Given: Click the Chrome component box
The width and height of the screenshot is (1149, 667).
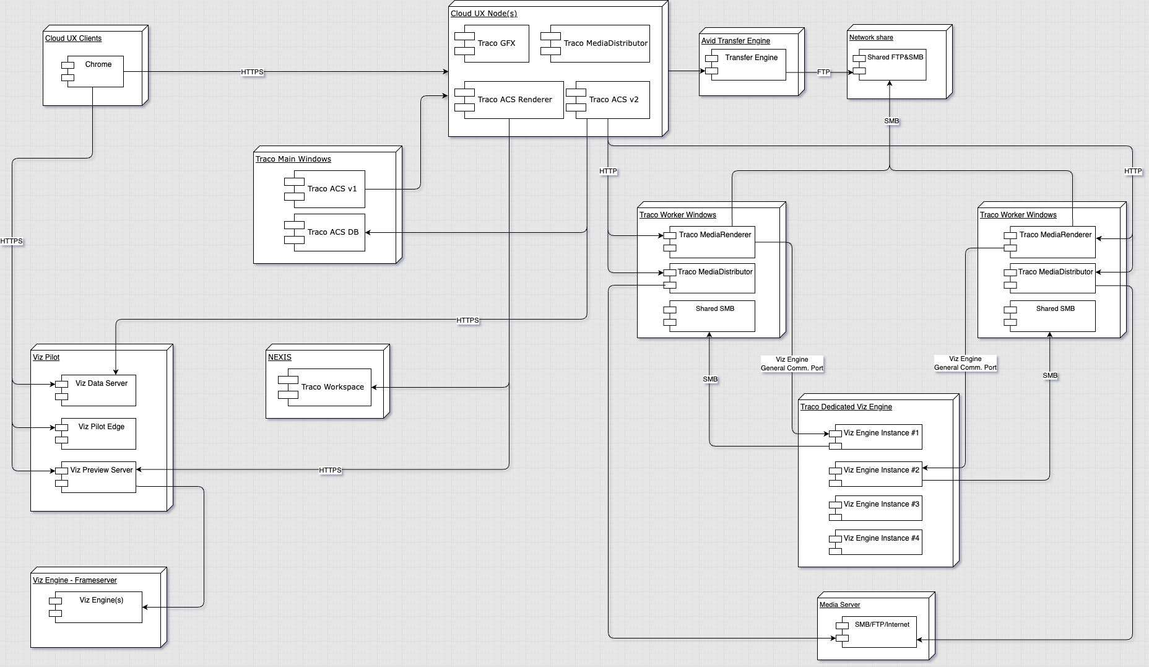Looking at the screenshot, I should click(x=96, y=71).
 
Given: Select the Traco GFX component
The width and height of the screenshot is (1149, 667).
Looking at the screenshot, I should click(x=495, y=43).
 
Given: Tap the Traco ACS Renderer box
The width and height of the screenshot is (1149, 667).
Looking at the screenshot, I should click(x=514, y=100).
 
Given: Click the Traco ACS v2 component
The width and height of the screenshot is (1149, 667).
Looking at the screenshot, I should click(x=613, y=100).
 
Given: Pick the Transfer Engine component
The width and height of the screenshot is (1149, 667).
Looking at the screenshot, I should click(x=750, y=64).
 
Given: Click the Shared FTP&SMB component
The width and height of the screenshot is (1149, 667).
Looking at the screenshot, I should click(x=894, y=64).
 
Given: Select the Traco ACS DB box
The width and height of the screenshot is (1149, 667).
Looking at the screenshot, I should click(x=332, y=232).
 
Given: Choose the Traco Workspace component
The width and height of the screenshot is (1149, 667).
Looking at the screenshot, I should click(x=332, y=387).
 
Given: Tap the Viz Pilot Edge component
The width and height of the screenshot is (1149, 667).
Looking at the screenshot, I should click(x=101, y=434).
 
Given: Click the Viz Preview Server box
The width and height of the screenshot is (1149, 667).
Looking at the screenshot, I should click(x=101, y=477).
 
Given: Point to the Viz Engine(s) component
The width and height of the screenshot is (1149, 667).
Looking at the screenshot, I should click(x=101, y=607).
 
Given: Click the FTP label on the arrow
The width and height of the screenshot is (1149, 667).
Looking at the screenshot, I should click(x=823, y=72).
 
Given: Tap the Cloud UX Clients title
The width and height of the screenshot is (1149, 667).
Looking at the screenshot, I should click(x=73, y=38).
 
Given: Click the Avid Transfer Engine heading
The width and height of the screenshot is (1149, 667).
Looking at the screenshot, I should click(x=735, y=41).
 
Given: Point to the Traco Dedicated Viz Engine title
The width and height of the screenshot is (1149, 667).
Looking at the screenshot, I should click(x=846, y=407).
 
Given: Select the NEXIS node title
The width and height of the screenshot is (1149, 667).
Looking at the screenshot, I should click(x=279, y=357).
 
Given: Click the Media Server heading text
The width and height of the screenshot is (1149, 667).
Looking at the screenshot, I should click(x=839, y=604).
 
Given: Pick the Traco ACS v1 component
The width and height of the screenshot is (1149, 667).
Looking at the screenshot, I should click(x=331, y=189).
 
